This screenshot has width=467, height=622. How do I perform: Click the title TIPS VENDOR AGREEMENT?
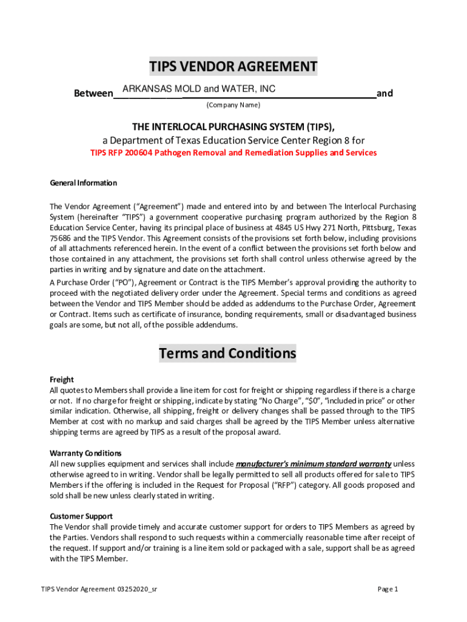coord(233,66)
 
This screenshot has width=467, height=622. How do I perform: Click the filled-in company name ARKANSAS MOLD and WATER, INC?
coord(199,89)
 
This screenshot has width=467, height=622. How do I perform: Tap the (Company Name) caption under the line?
coord(233,105)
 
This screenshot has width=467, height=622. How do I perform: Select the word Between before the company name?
coord(93,94)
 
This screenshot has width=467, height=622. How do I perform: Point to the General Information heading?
coord(83,183)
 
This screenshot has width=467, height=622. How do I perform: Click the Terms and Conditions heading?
coord(227,353)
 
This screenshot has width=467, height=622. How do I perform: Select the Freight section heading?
coord(61,379)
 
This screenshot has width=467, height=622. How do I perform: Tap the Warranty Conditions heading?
coord(86,453)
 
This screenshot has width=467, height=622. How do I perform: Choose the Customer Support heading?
coord(81,516)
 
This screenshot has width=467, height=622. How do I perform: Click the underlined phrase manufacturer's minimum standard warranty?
coord(313,463)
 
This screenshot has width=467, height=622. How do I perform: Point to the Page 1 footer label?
coord(388,589)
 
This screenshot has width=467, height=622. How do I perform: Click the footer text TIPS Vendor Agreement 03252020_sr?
coord(99,589)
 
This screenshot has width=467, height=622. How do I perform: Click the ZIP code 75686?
coord(61,239)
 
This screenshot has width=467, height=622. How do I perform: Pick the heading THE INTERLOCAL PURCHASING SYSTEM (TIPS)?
coord(233,126)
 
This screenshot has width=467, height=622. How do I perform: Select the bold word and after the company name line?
coord(385,94)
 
